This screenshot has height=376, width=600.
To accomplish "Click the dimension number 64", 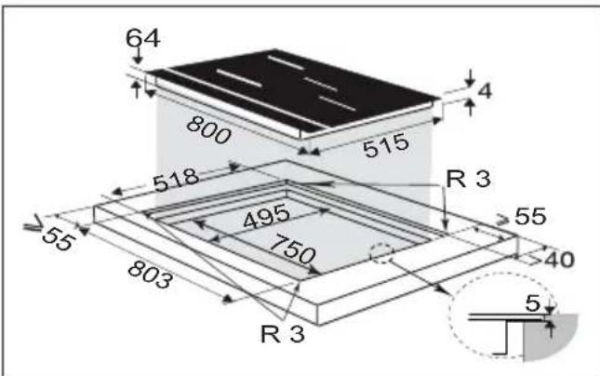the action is pyautogui.click(x=142, y=38).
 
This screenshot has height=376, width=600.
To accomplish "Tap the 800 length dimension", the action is pyautogui.click(x=209, y=129).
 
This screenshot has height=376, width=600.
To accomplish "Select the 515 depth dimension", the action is pyautogui.click(x=386, y=145).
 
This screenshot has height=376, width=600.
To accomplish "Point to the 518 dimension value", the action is pyautogui.click(x=176, y=180).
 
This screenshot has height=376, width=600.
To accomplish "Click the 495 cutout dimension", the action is pyautogui.click(x=266, y=216).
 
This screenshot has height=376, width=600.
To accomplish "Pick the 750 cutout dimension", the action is pyautogui.click(x=293, y=248).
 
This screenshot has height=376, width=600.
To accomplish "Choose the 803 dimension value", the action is pyautogui.click(x=150, y=275).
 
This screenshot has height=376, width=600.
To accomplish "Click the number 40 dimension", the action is pyautogui.click(x=559, y=260).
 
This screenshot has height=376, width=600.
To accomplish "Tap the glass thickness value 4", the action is pyautogui.click(x=485, y=91).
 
